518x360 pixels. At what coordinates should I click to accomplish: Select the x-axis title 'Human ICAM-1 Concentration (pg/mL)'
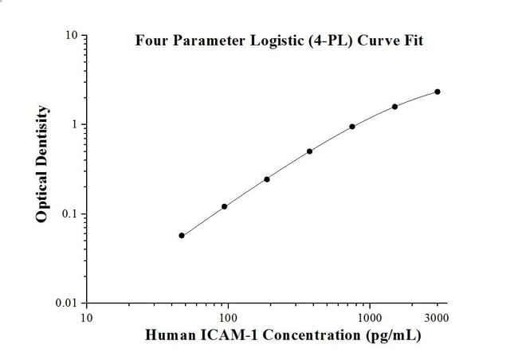(x=284, y=335)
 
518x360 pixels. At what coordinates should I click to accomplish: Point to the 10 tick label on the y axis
(x=71, y=36)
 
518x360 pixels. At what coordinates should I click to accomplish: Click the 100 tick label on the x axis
(x=228, y=317)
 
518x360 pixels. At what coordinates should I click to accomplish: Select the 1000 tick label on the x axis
(x=369, y=317)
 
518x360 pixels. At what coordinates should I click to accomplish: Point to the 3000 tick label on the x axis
(x=437, y=317)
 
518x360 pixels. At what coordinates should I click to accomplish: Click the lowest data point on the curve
(x=182, y=236)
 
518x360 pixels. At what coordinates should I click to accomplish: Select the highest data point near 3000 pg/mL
(x=438, y=92)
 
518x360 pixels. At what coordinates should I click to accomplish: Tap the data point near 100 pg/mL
(x=225, y=206)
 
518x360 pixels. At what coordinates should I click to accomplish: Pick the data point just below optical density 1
(x=352, y=127)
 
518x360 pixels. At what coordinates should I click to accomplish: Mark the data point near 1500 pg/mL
(x=394, y=107)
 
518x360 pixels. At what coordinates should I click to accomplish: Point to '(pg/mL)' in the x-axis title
(x=393, y=335)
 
